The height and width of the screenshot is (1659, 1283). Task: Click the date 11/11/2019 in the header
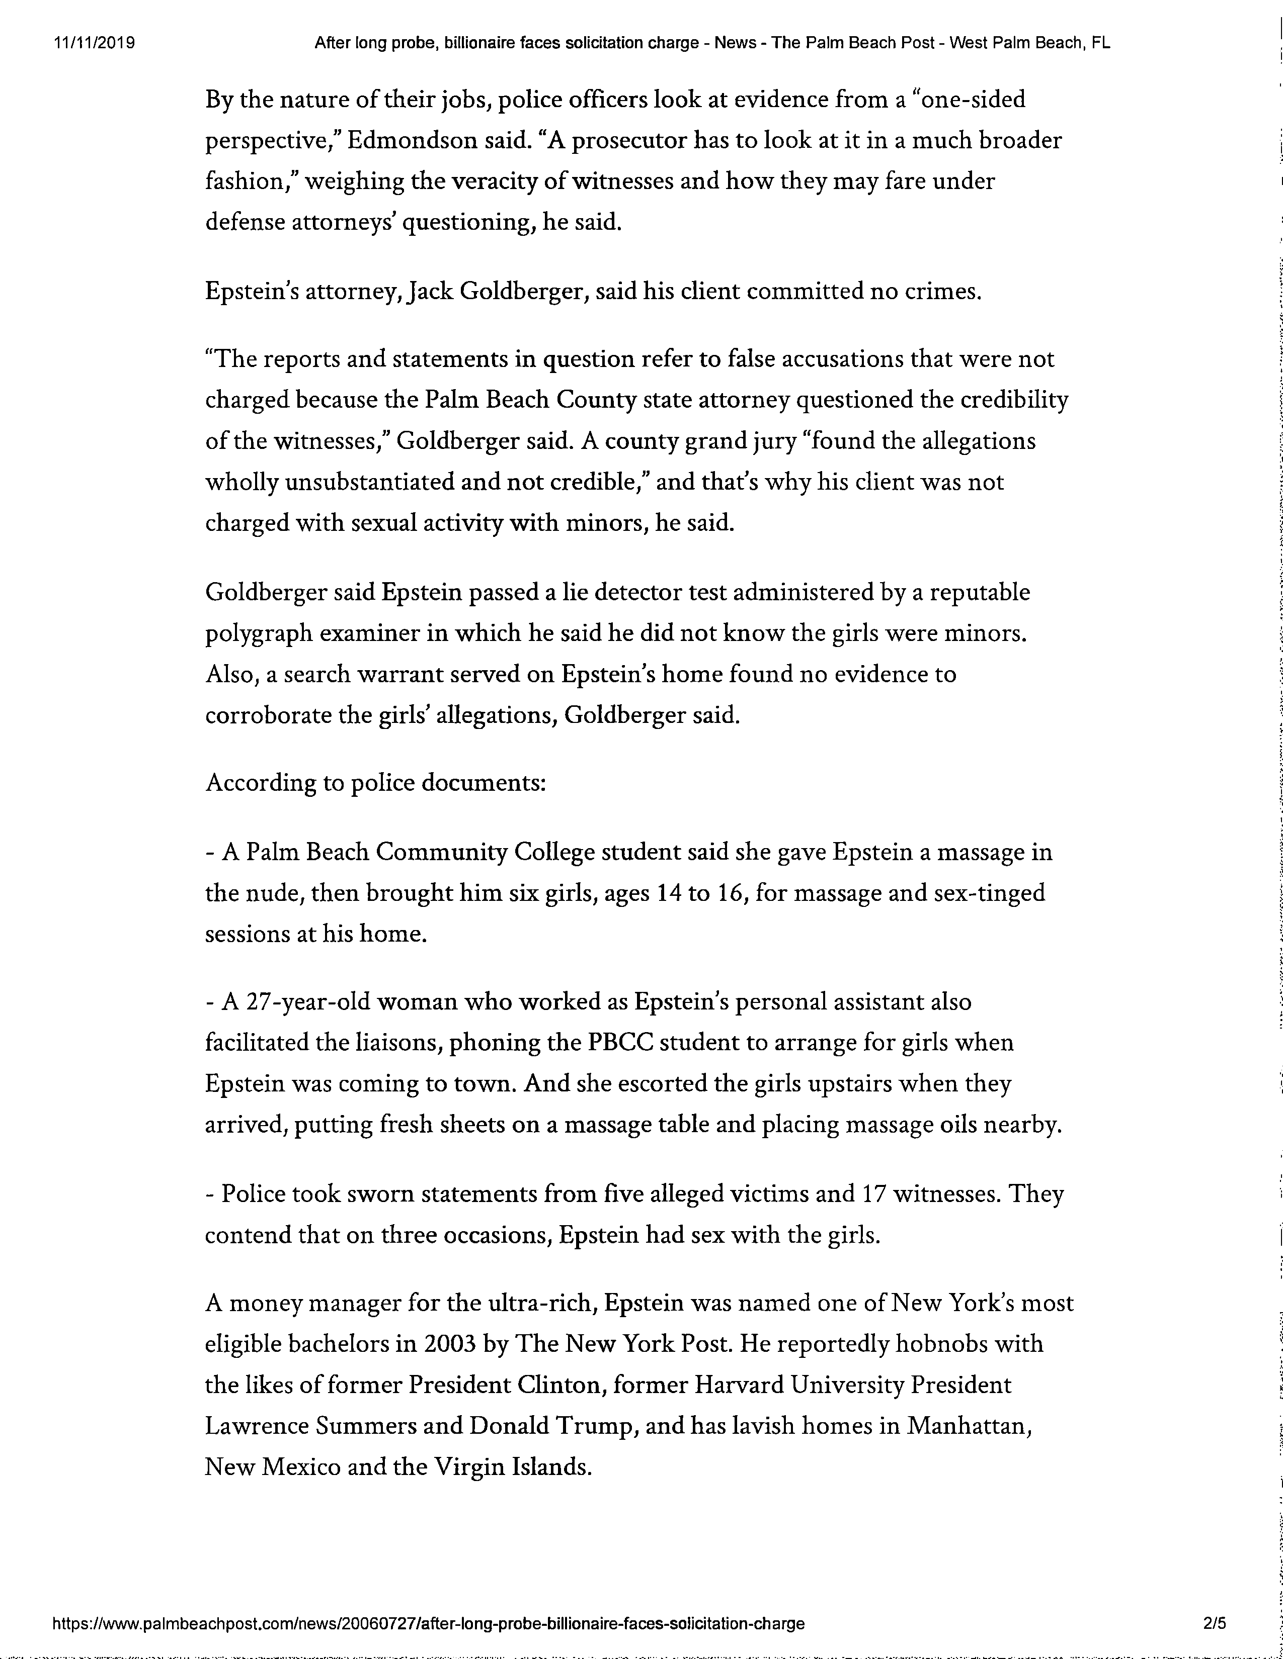point(94,43)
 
